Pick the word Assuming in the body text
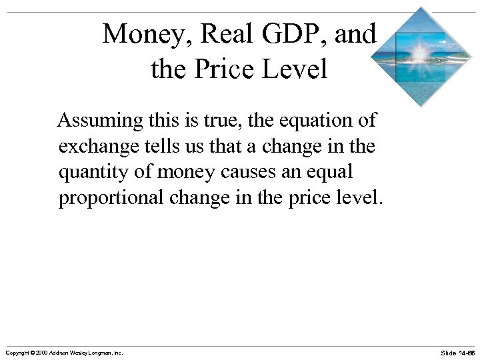click(x=100, y=122)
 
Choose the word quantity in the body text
click(x=90, y=173)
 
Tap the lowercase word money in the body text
click(x=187, y=173)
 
